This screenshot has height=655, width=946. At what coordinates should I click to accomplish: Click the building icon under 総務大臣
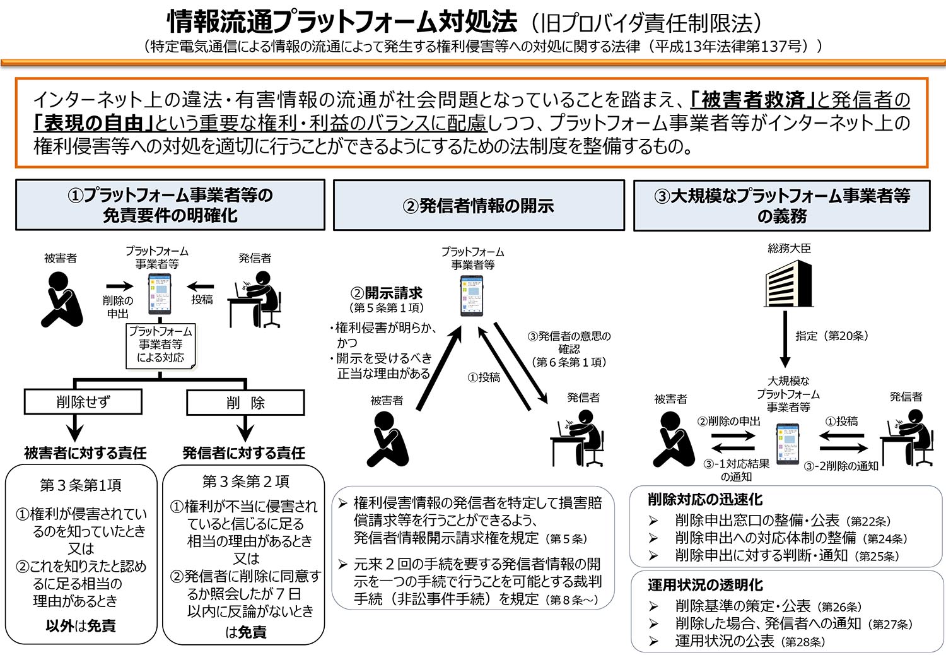[788, 284]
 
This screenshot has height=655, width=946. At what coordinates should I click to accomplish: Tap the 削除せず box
[83, 402]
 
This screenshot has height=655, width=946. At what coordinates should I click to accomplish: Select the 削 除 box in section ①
[245, 403]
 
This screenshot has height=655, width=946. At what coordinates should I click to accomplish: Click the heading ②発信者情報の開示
[479, 206]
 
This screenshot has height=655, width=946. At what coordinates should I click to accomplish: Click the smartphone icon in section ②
[472, 296]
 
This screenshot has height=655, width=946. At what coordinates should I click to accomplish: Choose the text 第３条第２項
[245, 482]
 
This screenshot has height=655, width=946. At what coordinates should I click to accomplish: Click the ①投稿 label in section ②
[483, 377]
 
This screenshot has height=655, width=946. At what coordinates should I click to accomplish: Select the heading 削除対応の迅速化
[705, 500]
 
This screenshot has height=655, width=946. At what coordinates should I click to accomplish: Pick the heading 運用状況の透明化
[705, 585]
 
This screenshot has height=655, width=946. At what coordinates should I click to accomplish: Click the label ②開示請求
[387, 293]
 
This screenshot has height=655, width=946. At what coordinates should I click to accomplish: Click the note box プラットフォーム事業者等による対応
[161, 345]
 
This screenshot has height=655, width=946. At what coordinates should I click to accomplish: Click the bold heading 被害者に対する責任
[85, 453]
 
